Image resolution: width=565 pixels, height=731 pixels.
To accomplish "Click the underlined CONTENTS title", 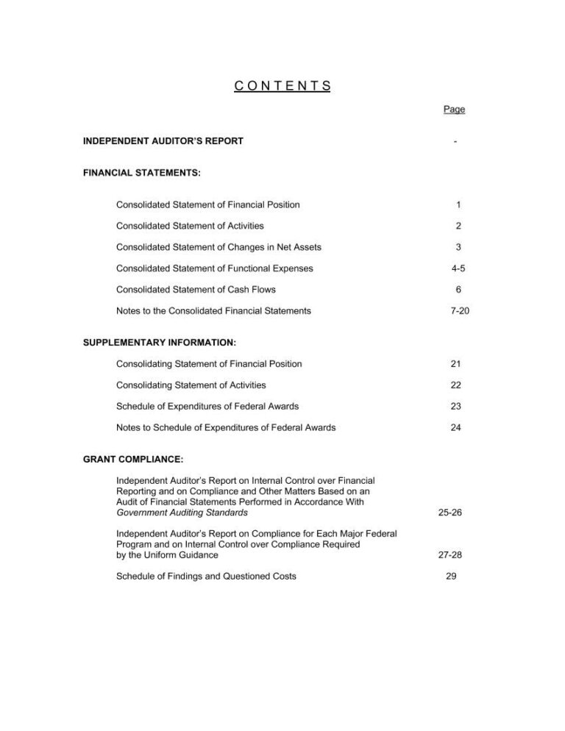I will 282,85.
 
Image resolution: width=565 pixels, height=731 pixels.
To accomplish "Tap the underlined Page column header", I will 454,110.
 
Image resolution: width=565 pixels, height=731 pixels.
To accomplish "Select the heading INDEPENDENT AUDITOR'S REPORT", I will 163,141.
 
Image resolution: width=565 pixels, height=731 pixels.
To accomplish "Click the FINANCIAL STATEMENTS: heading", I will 141,174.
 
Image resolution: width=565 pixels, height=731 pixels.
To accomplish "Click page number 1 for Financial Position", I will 458,204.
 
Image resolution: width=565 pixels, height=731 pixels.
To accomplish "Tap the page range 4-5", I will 458,268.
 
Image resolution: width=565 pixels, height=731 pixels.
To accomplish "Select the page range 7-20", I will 458,311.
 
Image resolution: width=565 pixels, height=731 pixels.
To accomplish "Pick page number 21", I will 456,364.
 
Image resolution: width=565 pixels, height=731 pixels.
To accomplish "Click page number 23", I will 456,407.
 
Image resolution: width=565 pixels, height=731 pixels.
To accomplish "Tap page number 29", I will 452,577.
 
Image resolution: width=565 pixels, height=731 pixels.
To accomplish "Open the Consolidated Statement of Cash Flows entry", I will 196,290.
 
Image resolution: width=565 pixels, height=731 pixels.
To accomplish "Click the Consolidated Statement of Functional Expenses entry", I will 214,268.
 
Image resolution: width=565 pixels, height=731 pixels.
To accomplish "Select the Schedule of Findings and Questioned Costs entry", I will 206,577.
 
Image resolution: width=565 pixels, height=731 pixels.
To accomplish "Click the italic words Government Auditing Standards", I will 182,513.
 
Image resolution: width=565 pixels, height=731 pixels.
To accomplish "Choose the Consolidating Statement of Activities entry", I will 191,385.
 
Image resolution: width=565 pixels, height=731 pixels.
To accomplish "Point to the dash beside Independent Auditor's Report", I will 456,142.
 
